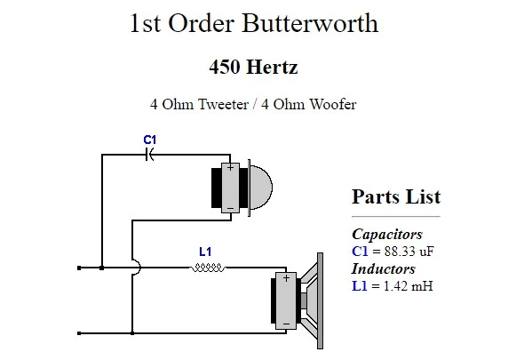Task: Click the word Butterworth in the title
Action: coord(310,23)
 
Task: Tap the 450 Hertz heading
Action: coord(253,67)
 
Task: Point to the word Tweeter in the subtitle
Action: coord(224,104)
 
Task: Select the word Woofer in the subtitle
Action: coord(333,104)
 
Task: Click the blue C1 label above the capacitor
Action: coord(149,140)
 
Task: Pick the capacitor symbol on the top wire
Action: coord(149,155)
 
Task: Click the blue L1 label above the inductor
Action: coord(205,252)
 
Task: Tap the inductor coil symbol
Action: coord(207,268)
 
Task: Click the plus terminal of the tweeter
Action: coord(230,167)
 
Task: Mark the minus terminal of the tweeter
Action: coord(230,208)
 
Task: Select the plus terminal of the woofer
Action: coord(286,278)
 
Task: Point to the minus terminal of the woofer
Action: coord(286,324)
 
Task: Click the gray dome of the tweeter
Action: coord(261,188)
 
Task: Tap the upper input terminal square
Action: coord(79,268)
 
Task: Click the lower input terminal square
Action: coord(79,333)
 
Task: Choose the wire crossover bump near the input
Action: coord(137,268)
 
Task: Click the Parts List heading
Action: coord(396,196)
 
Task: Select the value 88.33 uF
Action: coord(409,252)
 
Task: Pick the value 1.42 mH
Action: coord(409,286)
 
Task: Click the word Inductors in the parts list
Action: coord(384,268)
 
